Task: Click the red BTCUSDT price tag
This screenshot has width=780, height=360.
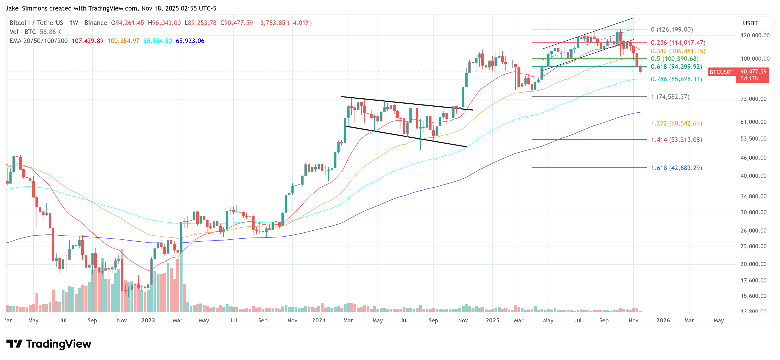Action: [x=721, y=72]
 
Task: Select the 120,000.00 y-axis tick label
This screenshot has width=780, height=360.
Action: [x=755, y=35]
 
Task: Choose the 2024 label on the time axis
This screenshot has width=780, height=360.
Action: [x=319, y=320]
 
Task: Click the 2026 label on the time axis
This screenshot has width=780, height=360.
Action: [x=663, y=320]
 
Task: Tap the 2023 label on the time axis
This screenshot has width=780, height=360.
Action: [x=148, y=320]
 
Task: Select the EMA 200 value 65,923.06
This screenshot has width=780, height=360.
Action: [x=190, y=41]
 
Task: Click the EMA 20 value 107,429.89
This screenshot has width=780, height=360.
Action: [x=88, y=41]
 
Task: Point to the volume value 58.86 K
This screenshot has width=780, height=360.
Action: [x=50, y=32]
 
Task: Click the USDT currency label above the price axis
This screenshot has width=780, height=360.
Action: [x=750, y=23]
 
